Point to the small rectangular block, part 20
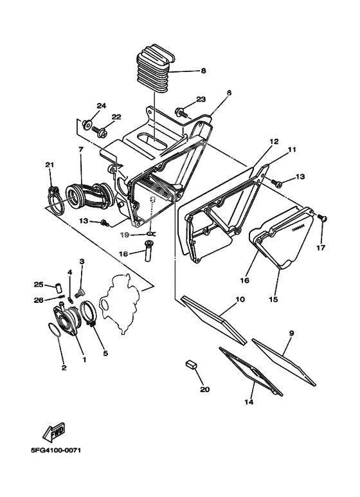(190, 365)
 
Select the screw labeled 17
(323, 221)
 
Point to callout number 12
(273, 141)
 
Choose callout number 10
(240, 300)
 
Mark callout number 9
(291, 333)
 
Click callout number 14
(249, 402)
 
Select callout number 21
(49, 165)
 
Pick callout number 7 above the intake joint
(81, 149)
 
